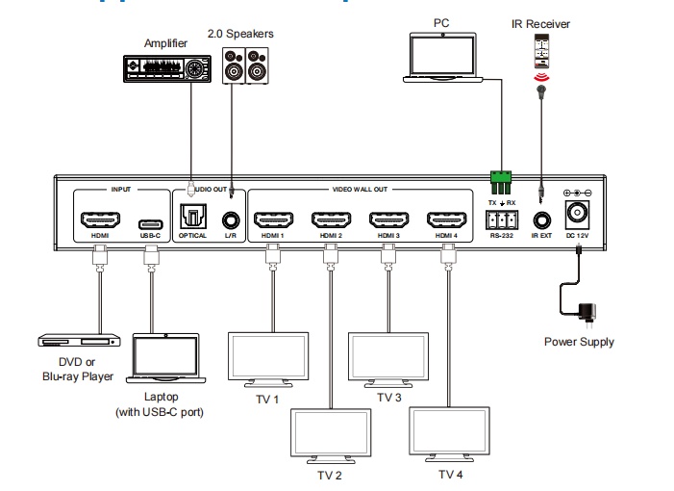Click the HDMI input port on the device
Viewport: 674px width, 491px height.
[99, 218]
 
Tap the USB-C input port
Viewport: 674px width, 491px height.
[149, 219]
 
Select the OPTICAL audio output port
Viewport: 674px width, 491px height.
[191, 219]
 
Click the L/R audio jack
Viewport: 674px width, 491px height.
[230, 220]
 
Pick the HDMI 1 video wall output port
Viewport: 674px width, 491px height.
[271, 219]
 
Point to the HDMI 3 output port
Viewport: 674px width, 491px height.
[388, 219]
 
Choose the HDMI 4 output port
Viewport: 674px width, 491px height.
[446, 219]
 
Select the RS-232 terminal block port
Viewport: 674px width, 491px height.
[502, 219]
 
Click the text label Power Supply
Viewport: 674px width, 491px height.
[579, 342]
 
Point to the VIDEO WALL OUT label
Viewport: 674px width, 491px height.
[360, 190]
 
